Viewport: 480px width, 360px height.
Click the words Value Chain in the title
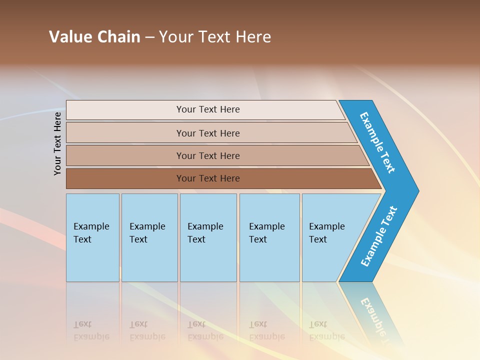coord(94,37)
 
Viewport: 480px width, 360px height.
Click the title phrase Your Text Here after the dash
coord(215,37)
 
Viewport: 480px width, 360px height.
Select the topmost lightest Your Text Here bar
coord(207,109)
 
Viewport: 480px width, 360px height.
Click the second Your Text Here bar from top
coord(207,133)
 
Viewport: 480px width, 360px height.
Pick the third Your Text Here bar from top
coord(207,155)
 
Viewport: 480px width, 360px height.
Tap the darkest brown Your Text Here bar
coord(207,178)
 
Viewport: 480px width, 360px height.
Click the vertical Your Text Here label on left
coord(57,143)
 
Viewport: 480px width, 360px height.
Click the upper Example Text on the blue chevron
coord(377,142)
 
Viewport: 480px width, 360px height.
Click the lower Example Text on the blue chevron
coord(378,236)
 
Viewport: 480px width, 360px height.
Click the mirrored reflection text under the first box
coord(91,330)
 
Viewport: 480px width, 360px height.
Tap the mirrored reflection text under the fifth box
coord(326,330)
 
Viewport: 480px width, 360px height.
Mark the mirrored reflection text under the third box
coord(205,330)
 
